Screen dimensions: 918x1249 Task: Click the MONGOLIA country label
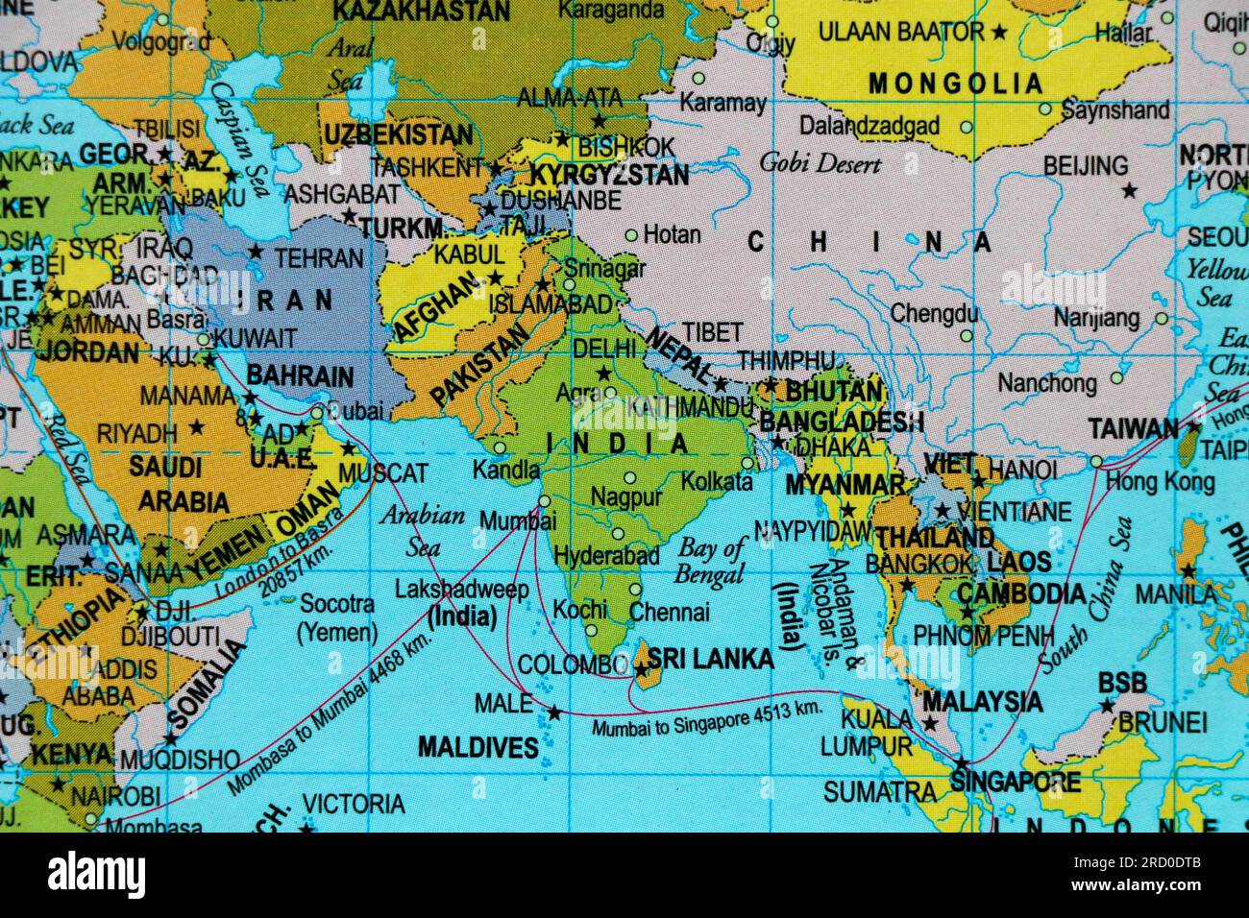(955, 84)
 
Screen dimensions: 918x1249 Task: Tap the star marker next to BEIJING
(1129, 191)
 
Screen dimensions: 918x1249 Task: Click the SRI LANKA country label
(710, 659)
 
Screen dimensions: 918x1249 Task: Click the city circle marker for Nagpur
(629, 477)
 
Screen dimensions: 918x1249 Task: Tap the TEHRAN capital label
(319, 257)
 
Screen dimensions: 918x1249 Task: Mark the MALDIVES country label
(478, 747)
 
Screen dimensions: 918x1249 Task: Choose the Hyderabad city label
(606, 555)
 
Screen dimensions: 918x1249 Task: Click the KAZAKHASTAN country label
(421, 12)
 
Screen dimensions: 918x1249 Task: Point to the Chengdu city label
(934, 313)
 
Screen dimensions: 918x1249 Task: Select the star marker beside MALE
(553, 713)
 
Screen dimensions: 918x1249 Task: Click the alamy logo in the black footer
(97, 874)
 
